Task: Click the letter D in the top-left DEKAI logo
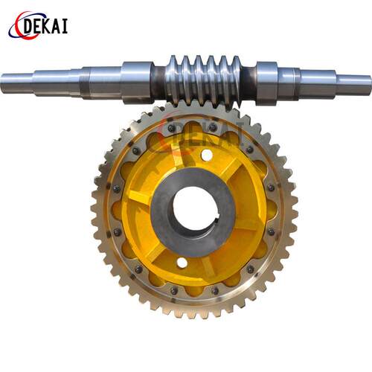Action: [x=30, y=26]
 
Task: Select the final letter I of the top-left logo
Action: [x=65, y=26]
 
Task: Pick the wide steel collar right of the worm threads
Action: [x=267, y=83]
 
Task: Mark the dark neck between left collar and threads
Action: [x=158, y=83]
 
